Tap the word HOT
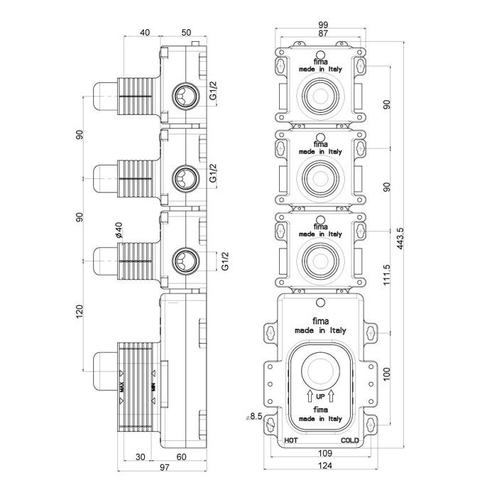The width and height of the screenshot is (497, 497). pyautogui.click(x=291, y=441)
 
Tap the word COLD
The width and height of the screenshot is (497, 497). pyautogui.click(x=349, y=441)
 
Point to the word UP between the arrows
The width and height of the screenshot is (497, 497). pyautogui.click(x=320, y=395)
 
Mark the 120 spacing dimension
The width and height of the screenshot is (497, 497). pyautogui.click(x=80, y=310)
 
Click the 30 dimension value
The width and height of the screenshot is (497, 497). pyautogui.click(x=141, y=457)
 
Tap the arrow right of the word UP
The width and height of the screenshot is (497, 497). pyautogui.click(x=332, y=395)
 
